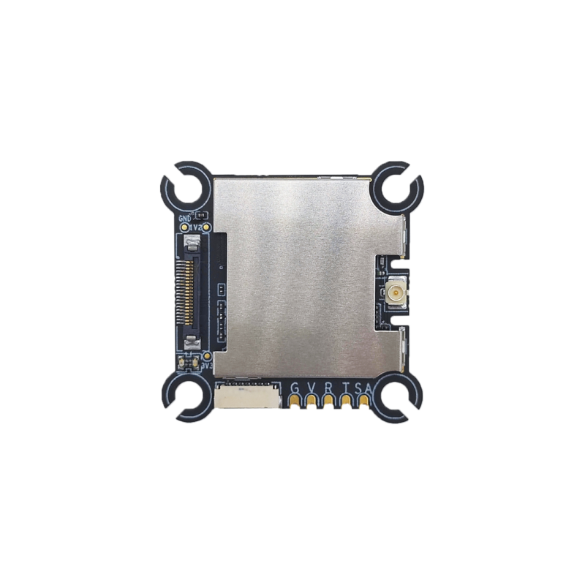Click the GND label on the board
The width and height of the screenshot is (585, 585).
[184, 217]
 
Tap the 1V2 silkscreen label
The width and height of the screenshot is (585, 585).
[195, 227]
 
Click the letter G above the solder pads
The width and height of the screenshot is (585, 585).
[295, 388]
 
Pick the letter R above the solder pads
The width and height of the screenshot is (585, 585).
[329, 388]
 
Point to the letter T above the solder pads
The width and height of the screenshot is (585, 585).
[347, 388]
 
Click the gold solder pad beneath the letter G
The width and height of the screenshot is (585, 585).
[295, 401]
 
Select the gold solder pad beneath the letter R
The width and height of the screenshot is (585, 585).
[329, 401]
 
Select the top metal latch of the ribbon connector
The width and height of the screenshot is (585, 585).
[192, 249]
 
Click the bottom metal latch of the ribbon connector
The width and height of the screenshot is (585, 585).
[192, 341]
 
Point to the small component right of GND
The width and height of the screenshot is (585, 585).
[203, 216]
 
